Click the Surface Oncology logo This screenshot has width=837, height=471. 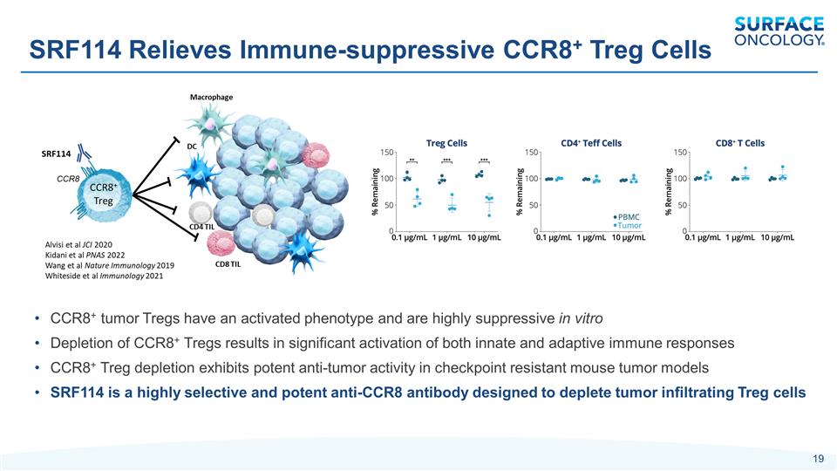pos(779,31)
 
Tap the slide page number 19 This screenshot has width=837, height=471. pos(818,459)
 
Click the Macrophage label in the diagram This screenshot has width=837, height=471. pos(212,97)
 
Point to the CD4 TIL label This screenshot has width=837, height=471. pos(202,227)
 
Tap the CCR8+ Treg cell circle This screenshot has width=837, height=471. pos(103,193)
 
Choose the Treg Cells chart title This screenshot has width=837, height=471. pos(446,142)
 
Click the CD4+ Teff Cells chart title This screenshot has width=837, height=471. pos(591,142)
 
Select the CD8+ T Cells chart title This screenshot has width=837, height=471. pos(740,142)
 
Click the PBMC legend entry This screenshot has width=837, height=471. pos(628,215)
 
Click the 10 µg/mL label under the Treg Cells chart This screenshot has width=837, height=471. pos(484,237)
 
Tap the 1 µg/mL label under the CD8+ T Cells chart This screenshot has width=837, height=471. pos(740,237)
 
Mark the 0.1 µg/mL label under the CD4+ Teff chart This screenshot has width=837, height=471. pos(554,237)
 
